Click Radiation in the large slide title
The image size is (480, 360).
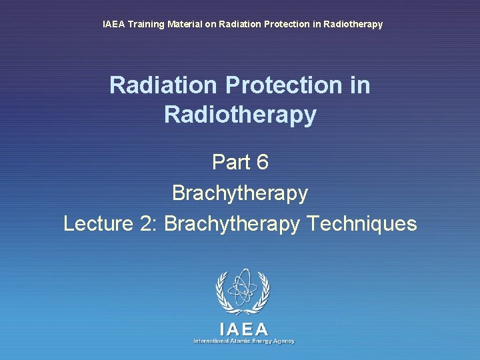pyautogui.click(x=164, y=85)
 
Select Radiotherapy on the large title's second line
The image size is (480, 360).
pyautogui.click(x=240, y=115)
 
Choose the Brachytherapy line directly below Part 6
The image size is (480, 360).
pyautogui.click(x=240, y=193)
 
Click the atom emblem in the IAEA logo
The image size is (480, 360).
pyautogui.click(x=243, y=291)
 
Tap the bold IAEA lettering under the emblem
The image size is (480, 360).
pyautogui.click(x=243, y=329)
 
